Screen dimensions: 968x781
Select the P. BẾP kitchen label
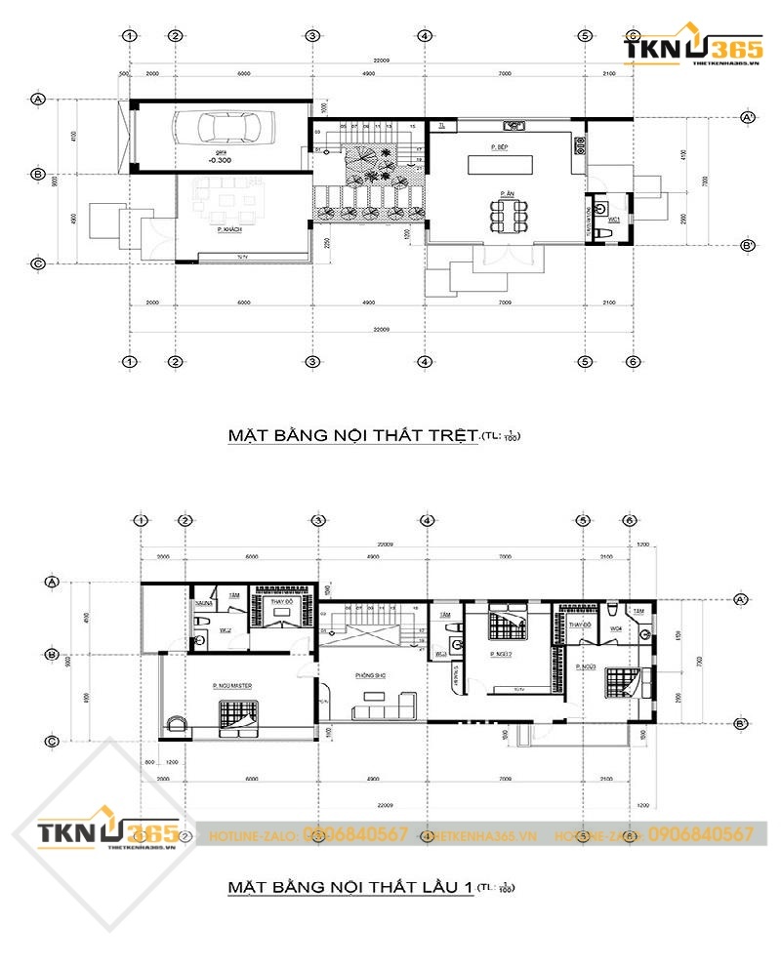[502, 146]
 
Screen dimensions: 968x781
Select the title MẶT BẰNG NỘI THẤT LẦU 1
[350, 887]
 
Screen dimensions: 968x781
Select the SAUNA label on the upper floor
[203, 604]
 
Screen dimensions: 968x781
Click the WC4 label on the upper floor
[617, 629]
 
